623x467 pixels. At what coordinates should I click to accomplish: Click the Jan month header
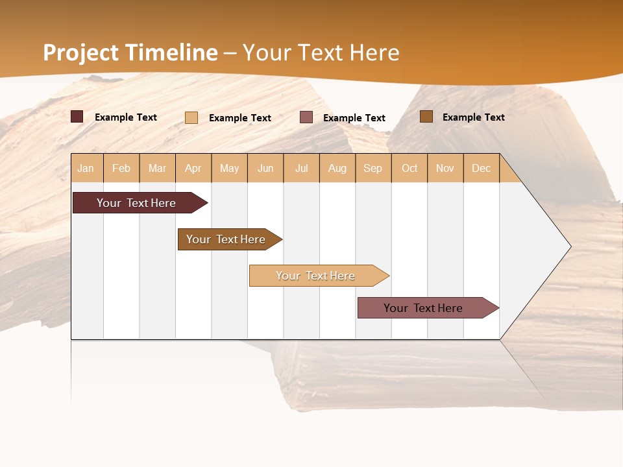86,168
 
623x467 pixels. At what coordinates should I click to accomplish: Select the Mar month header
157,168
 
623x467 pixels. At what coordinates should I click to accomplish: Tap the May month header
229,168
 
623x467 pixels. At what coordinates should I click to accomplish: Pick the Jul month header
301,168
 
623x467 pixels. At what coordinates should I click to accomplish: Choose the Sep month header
373,168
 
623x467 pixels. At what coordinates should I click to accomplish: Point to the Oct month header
409,168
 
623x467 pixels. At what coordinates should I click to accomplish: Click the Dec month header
481,168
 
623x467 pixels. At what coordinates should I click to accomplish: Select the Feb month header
121,168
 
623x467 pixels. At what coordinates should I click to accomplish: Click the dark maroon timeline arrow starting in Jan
136,203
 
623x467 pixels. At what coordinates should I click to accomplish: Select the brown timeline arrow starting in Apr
226,239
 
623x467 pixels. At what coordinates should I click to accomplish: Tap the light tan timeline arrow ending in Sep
316,276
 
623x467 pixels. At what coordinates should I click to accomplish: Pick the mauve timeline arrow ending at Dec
424,308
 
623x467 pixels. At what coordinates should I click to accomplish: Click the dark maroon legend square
77,117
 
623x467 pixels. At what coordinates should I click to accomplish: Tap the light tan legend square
191,117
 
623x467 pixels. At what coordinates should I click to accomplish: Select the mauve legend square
306,117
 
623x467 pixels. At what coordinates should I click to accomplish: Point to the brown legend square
426,117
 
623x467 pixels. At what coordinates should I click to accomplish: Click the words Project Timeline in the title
130,53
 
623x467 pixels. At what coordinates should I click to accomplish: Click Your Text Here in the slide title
321,53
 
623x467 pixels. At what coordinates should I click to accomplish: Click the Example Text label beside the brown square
473,117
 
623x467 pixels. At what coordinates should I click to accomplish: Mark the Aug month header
337,168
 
